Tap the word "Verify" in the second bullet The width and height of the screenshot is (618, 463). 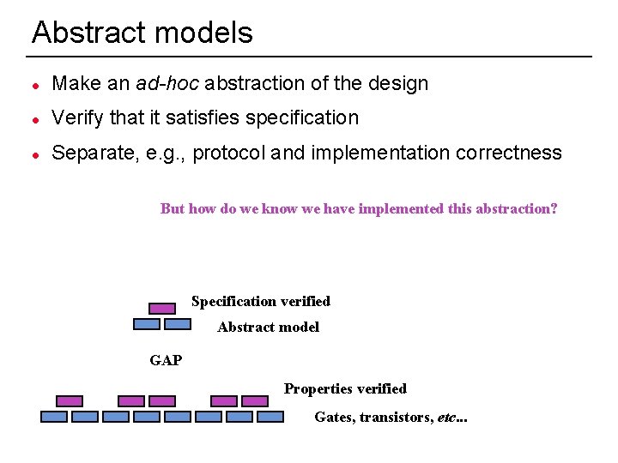[x=77, y=117]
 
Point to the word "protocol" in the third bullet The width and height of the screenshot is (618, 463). [x=229, y=153]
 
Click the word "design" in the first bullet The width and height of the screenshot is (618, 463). [x=398, y=83]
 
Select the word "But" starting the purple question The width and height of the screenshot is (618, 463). [x=173, y=208]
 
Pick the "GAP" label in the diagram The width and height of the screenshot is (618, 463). [x=166, y=360]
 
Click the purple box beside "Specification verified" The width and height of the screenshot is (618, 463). [x=161, y=308]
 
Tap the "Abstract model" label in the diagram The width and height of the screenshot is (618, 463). [x=268, y=327]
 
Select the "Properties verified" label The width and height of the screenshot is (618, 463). [x=345, y=388]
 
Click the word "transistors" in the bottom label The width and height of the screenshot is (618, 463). [x=396, y=418]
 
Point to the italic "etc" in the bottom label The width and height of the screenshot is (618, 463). [x=446, y=418]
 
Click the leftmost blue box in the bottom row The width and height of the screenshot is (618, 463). [x=54, y=417]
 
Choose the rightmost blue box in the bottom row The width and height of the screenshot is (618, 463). [x=270, y=417]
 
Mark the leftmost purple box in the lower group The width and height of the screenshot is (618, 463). [x=70, y=400]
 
